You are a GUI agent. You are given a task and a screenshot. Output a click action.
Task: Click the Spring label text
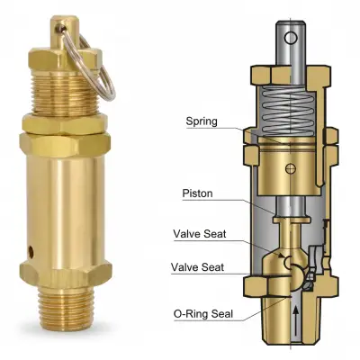coord(202,121)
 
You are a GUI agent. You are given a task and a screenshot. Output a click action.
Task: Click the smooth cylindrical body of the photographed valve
coord(65,198)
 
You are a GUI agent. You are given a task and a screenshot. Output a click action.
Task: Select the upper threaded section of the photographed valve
coord(65,85)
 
